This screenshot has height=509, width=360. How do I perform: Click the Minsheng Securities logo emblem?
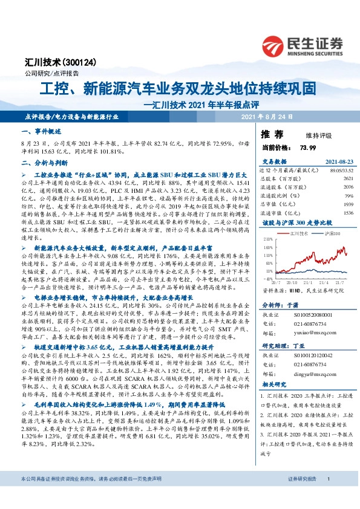tap(275, 43)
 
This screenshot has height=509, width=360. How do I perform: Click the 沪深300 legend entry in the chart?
tap(326, 233)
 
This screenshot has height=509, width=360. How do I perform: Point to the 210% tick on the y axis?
tap(267, 239)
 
